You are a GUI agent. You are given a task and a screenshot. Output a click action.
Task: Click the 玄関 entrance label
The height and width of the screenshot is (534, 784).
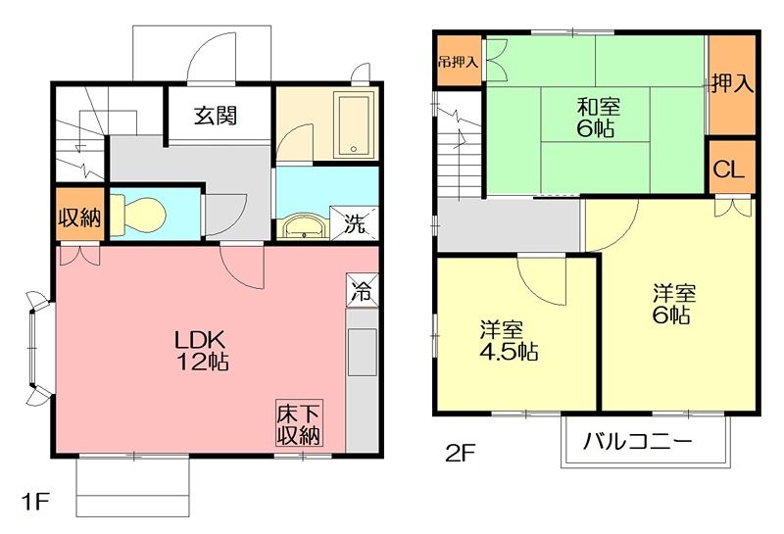pyautogui.click(x=214, y=116)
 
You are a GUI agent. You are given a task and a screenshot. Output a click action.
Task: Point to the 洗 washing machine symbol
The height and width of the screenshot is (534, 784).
pyautogui.click(x=355, y=223)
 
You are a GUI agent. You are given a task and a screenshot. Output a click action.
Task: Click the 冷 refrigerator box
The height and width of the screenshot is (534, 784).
pyautogui.click(x=360, y=290)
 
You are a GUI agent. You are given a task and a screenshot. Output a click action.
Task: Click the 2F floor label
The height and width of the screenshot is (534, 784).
pyautogui.click(x=460, y=453)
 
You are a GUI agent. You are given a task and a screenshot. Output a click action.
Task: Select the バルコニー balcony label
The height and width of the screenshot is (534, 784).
pyautogui.click(x=638, y=441)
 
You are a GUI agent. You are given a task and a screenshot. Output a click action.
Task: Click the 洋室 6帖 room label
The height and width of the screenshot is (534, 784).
pyautogui.click(x=674, y=303)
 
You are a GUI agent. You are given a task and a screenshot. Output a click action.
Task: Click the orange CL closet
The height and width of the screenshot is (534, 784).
pyautogui.click(x=729, y=169)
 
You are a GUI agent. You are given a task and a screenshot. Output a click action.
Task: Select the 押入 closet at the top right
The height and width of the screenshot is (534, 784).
pyautogui.click(x=732, y=84)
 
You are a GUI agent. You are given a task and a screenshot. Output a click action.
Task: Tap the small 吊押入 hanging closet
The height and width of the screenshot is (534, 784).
pyautogui.click(x=459, y=62)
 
